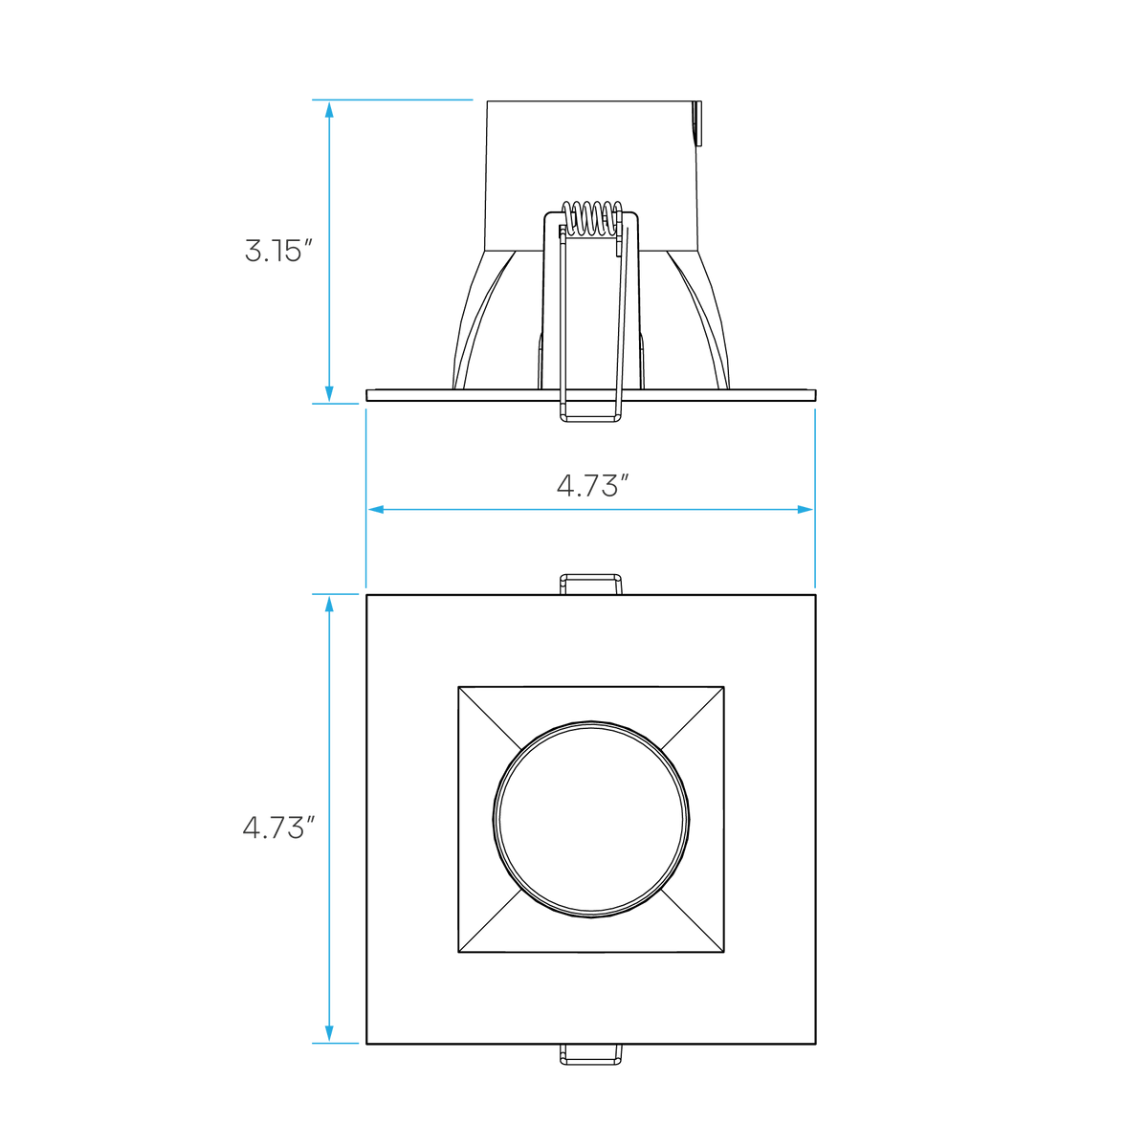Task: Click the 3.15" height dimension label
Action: (x=278, y=251)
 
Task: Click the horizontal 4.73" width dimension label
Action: (x=592, y=486)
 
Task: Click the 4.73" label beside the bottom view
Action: (x=278, y=828)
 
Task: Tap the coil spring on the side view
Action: (x=591, y=217)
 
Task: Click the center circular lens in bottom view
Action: (x=591, y=819)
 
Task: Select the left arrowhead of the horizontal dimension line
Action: (x=376, y=509)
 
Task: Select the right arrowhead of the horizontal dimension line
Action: (x=805, y=509)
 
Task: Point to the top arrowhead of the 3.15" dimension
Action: (x=329, y=110)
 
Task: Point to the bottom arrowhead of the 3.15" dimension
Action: (x=329, y=394)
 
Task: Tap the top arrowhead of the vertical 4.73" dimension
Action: (x=329, y=604)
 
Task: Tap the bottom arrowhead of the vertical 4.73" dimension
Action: (x=329, y=1033)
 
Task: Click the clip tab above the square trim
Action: (x=591, y=585)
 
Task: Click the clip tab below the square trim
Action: (x=591, y=1054)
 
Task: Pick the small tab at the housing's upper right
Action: (x=698, y=123)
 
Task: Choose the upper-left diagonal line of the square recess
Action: (x=490, y=717)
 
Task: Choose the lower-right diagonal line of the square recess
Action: (x=693, y=920)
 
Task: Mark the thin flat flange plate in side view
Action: (x=591, y=395)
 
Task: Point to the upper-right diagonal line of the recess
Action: (x=693, y=717)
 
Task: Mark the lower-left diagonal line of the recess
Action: (x=490, y=920)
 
